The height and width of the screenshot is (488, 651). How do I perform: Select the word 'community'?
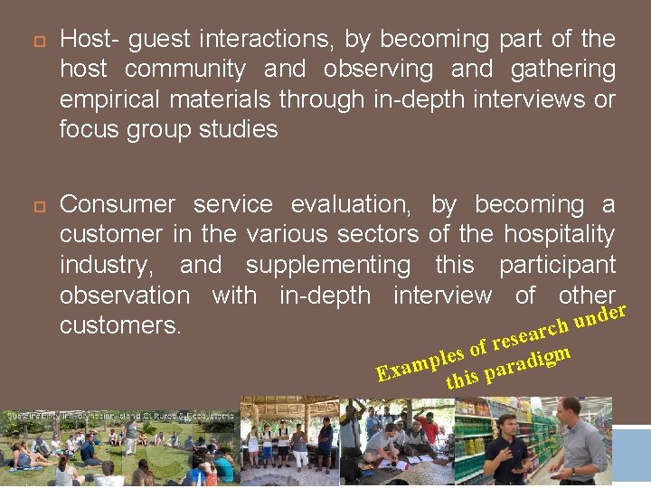point(184,69)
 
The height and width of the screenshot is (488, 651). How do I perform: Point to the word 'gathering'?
point(562,69)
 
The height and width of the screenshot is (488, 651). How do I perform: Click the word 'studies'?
point(240,129)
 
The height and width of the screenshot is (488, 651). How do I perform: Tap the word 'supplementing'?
point(327,265)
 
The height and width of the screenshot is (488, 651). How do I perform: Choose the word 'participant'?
point(557,265)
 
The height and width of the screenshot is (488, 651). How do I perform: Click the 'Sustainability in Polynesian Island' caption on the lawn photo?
point(118,416)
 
